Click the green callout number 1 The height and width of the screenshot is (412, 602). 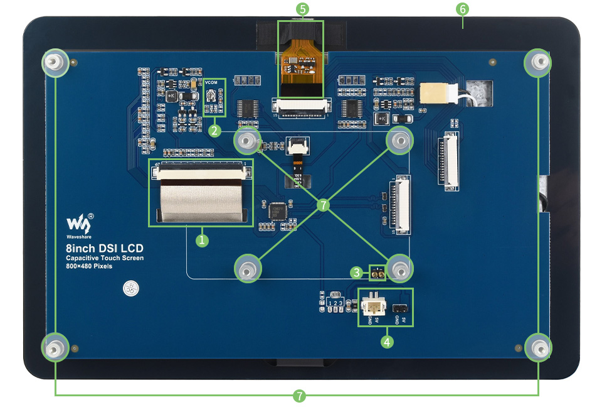[x=202, y=240]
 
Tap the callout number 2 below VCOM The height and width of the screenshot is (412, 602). [x=215, y=131]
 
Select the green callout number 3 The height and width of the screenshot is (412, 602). [x=357, y=272]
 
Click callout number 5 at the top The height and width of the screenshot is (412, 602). [x=304, y=9]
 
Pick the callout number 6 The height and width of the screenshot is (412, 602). [x=463, y=9]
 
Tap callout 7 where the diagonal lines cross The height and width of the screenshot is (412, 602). [x=323, y=205]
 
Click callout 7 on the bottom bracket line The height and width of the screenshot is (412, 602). [x=300, y=395]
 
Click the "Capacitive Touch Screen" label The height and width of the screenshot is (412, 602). [x=105, y=258]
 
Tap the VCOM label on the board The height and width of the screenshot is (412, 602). [x=211, y=84]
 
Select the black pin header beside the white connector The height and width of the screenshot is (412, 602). [x=400, y=308]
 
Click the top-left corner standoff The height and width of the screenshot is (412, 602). [x=55, y=62]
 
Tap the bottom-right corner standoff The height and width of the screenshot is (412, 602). [x=539, y=347]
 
